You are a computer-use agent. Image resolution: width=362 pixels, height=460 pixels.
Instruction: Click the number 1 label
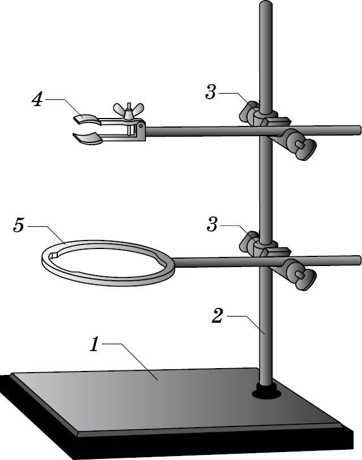pyautogui.click(x=95, y=344)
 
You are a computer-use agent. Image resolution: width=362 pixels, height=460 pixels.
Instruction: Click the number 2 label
pyautogui.click(x=217, y=316)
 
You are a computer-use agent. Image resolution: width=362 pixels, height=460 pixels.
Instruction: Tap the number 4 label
pyautogui.click(x=37, y=99)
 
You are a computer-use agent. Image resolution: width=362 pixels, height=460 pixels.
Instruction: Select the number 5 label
pyautogui.click(x=19, y=226)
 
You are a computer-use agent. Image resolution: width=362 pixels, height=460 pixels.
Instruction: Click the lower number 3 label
pyautogui.click(x=212, y=225)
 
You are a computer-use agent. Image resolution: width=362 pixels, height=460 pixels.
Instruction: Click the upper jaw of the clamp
pyautogui.click(x=87, y=120)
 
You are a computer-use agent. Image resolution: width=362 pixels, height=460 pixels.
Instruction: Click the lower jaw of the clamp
pyautogui.click(x=87, y=138)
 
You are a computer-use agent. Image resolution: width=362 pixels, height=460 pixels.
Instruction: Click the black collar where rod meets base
pyautogui.click(x=266, y=393)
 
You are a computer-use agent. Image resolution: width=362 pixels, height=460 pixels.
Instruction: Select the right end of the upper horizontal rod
pyautogui.click(x=359, y=130)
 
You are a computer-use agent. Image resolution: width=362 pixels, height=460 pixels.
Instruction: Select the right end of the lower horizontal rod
pyautogui.click(x=359, y=260)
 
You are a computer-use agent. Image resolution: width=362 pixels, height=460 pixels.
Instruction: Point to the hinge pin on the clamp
pyautogui.click(x=141, y=125)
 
